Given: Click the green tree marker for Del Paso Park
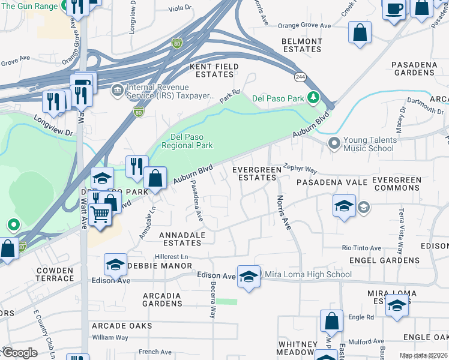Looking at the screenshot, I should (312, 98).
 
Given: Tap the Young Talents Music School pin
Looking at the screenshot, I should (334, 143).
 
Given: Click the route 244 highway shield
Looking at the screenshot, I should (301, 77).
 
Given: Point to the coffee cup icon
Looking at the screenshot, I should (394, 9).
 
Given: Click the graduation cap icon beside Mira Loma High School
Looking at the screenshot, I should (249, 276).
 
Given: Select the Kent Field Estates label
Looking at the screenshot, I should (214, 70).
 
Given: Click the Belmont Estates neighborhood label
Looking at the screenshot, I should (302, 46).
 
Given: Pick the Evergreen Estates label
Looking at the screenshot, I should (257, 173).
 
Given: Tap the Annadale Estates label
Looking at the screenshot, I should (182, 239).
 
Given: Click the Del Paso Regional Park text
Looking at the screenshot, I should (192, 140).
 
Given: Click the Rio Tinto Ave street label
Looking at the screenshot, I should (361, 248).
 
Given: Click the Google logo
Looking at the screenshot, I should (20, 353).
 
